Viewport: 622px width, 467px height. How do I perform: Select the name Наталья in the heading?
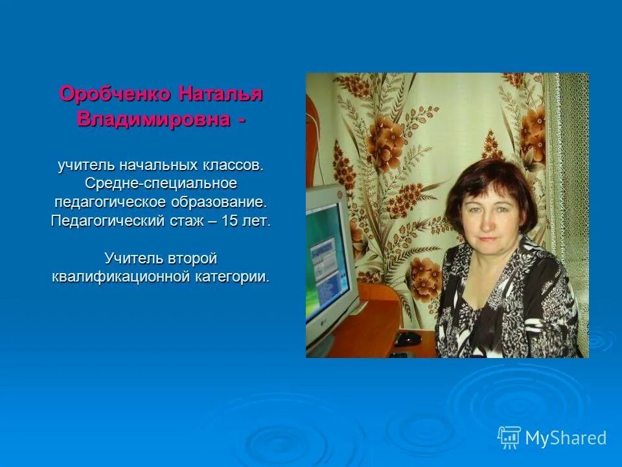point(220,94)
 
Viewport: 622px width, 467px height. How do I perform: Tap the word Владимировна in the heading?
point(153,120)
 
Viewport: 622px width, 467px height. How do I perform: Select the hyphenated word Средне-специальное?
point(161,184)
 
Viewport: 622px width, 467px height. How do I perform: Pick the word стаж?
point(189,221)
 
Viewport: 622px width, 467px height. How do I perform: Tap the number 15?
point(229,221)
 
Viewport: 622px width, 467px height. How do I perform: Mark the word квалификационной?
point(120,277)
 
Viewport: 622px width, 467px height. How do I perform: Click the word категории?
point(230,277)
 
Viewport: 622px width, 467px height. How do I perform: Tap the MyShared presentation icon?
point(509,437)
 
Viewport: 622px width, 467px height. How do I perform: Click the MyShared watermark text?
point(566,438)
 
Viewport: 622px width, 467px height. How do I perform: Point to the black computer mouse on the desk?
point(408,338)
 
